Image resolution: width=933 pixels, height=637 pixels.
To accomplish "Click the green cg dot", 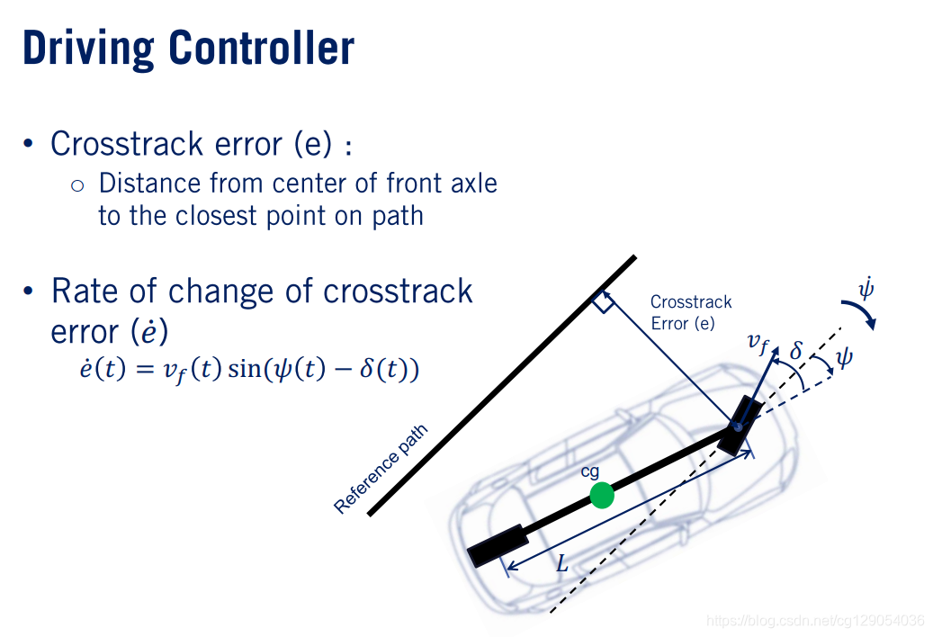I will tap(602, 495).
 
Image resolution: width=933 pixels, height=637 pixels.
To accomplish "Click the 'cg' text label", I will tap(589, 471).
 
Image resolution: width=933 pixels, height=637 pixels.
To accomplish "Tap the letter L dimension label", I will tap(561, 565).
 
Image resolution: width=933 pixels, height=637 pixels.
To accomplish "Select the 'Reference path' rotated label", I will tap(381, 469).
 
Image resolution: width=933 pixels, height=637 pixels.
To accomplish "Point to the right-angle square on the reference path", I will tap(603, 303).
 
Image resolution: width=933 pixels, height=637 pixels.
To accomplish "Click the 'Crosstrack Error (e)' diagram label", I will tap(690, 312).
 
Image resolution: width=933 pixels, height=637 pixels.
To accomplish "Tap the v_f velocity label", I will tap(758, 342).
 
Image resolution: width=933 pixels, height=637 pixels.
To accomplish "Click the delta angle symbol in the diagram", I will tap(795, 349).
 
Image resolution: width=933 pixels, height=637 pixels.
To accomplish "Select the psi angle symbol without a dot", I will tap(844, 357).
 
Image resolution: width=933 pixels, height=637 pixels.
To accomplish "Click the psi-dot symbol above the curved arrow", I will tap(866, 290).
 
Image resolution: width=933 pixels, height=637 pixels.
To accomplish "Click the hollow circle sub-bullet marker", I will tap(76, 185).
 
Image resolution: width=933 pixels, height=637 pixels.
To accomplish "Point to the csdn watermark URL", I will tap(815, 620).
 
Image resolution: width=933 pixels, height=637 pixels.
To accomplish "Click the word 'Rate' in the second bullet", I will tap(85, 292).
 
